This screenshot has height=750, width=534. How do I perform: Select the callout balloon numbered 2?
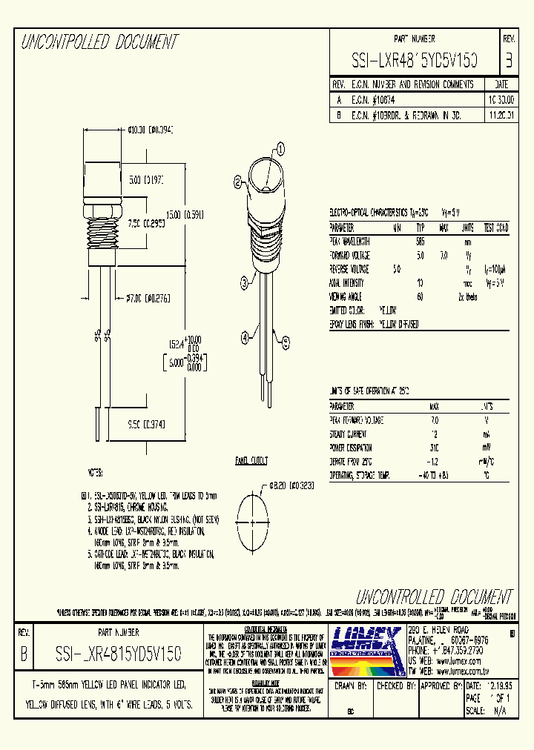click(x=237, y=180)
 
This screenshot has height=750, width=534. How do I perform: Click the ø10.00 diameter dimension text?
click(x=150, y=130)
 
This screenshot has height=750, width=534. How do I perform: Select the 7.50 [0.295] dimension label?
click(x=146, y=222)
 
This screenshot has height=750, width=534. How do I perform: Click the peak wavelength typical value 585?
click(x=421, y=242)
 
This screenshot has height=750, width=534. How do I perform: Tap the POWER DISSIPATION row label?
click(x=352, y=448)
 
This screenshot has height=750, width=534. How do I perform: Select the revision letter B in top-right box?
click(x=508, y=60)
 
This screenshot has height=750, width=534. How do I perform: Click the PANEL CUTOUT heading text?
click(x=251, y=460)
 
